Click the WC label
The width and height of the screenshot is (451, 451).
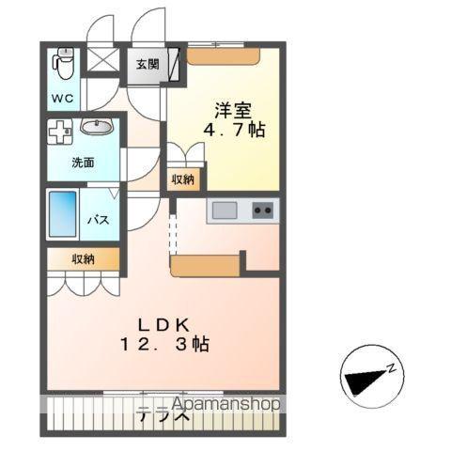pyautogui.click(x=62, y=97)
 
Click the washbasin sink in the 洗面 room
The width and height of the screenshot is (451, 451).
pyautogui.click(x=97, y=127)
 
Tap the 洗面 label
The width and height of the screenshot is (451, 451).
pyautogui.click(x=83, y=162)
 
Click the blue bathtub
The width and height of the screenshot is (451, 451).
pyautogui.click(x=63, y=214)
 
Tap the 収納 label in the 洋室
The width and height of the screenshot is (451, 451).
pyautogui.click(x=182, y=179)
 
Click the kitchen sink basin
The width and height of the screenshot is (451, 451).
pyautogui.click(x=225, y=210)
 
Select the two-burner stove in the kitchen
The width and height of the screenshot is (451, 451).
pyautogui.click(x=262, y=210)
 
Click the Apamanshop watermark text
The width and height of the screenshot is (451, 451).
pyautogui.click(x=210, y=405)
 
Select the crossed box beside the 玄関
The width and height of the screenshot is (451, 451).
pyautogui.click(x=100, y=61)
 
